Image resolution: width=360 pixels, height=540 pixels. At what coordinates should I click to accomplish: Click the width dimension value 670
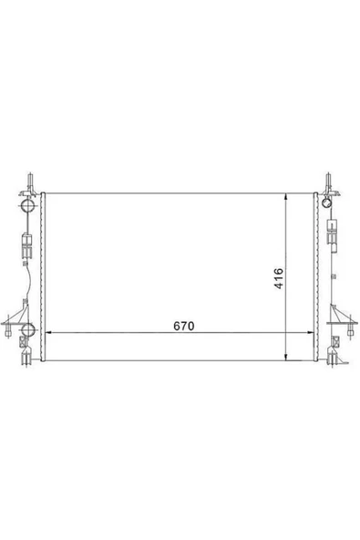point(184,326)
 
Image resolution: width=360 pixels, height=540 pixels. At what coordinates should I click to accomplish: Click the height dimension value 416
point(279,278)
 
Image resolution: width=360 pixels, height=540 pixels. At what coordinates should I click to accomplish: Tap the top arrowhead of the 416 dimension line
point(285,197)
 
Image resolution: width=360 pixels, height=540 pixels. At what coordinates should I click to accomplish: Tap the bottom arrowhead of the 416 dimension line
point(285,358)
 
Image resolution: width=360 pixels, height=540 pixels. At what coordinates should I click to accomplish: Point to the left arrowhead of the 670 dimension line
point(49,333)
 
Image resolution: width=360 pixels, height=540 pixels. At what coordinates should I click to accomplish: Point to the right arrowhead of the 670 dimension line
point(310,333)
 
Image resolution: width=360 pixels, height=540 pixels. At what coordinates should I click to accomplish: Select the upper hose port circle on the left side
point(28,205)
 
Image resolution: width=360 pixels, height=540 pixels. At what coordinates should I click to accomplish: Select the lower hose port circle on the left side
point(28,329)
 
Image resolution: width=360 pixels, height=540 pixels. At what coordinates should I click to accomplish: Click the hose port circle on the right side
point(326,202)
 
